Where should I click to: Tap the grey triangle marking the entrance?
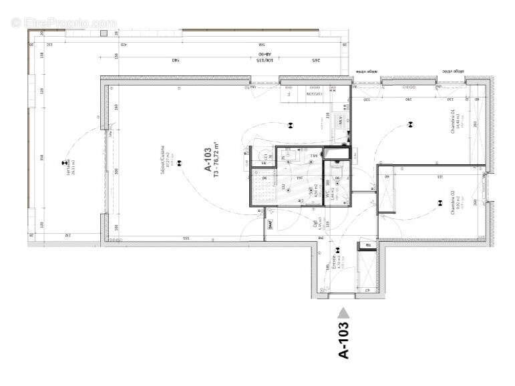pyautogui.click(x=343, y=311)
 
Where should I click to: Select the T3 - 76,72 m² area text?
pyautogui.click(x=216, y=163)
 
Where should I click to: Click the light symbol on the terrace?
pyautogui.click(x=63, y=162)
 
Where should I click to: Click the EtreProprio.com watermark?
pyautogui.click(x=63, y=23)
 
